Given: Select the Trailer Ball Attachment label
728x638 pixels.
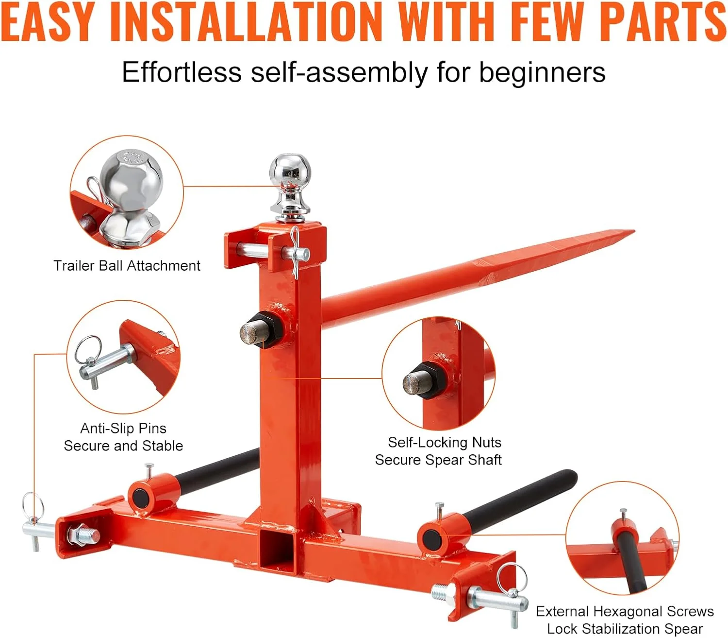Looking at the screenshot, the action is click(127, 266).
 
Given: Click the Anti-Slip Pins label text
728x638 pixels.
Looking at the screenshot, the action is click(123, 429).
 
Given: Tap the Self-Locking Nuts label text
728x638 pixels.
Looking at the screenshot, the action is click(445, 443).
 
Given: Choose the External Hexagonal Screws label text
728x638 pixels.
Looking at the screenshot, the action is click(625, 611).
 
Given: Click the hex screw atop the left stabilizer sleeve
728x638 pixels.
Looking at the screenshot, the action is click(149, 471).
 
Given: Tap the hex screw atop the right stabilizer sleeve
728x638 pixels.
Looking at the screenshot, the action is click(440, 510).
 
